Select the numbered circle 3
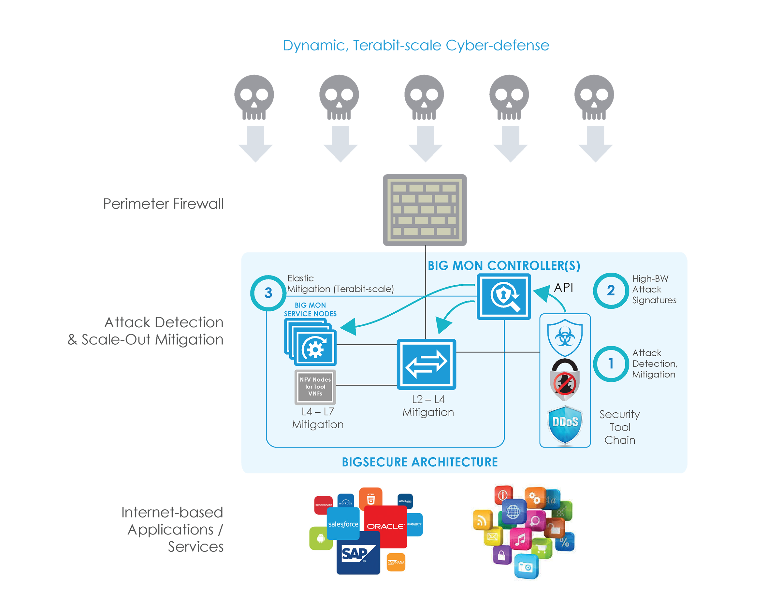(268, 293)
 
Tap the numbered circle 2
(611, 290)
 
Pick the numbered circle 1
(611, 364)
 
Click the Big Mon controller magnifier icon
(503, 296)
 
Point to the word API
(563, 287)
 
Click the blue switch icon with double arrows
(426, 364)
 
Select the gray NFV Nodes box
(315, 387)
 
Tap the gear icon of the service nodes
(315, 349)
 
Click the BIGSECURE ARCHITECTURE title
(420, 462)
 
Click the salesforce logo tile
(343, 524)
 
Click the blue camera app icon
(526, 566)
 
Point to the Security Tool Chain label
(620, 427)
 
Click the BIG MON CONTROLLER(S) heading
(503, 265)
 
